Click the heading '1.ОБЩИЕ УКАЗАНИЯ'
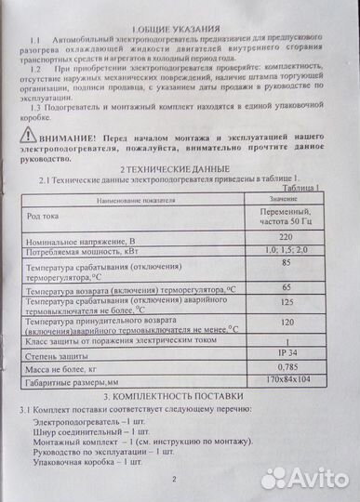(182, 30)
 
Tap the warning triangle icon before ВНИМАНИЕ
(27, 136)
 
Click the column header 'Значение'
(283, 199)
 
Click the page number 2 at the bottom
(174, 480)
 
